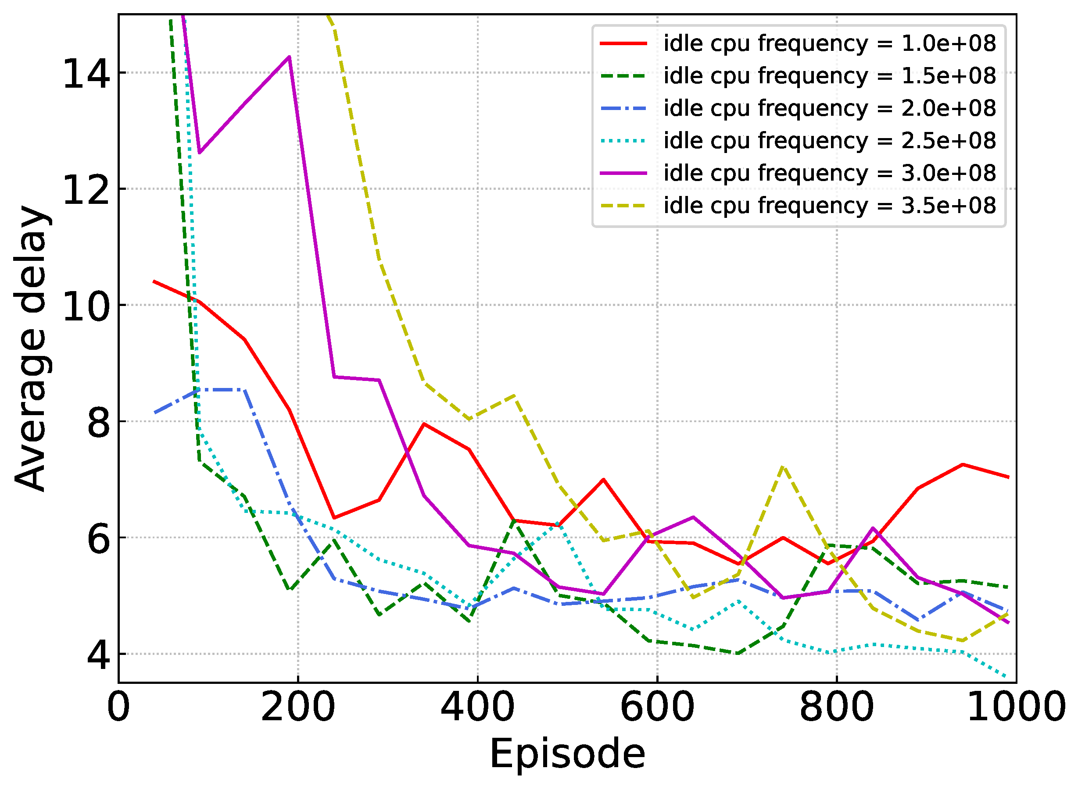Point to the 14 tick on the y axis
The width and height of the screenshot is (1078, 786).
pos(86,74)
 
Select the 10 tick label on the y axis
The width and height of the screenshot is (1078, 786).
pos(86,306)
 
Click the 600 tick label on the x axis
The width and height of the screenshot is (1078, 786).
pos(657,708)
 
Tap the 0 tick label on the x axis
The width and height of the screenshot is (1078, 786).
pos(118,708)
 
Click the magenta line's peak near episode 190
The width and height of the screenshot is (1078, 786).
pos(289,57)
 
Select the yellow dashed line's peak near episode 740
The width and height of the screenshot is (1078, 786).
pos(783,467)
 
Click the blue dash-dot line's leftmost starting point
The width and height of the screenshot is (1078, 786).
pos(154,413)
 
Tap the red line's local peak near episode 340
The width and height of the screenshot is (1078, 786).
pos(423,423)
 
